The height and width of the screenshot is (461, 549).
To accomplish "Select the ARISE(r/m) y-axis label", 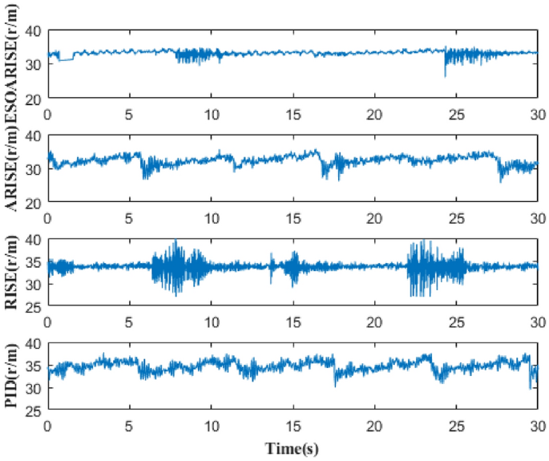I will tap(13, 169).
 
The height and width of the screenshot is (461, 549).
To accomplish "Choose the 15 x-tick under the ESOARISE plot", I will tap(293, 113).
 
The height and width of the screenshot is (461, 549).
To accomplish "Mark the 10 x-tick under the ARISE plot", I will tap(211, 217).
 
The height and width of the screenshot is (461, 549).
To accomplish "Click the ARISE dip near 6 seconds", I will tap(145, 170).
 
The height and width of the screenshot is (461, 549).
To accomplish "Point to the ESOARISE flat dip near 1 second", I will tap(64, 60).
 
